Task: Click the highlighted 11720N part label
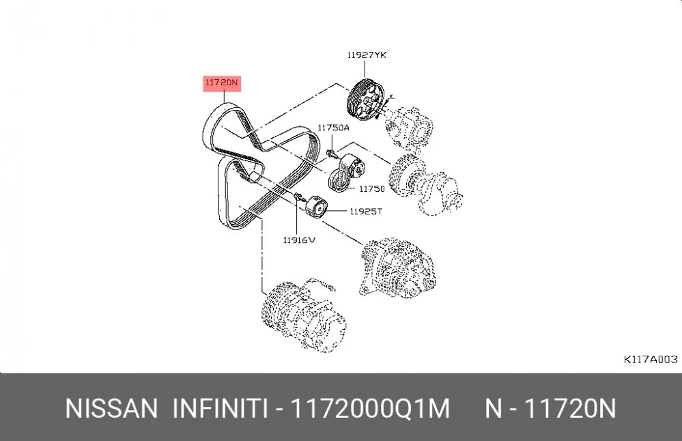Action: click(x=222, y=83)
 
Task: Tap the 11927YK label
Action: click(x=367, y=55)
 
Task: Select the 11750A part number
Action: click(x=333, y=128)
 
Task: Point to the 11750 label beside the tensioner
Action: click(x=372, y=188)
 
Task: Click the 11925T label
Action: click(x=366, y=212)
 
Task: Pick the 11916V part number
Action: click(x=299, y=240)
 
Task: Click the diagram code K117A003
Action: click(x=651, y=360)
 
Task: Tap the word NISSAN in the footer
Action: click(x=111, y=409)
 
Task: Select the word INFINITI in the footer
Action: click(x=220, y=409)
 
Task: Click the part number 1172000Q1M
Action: click(x=370, y=409)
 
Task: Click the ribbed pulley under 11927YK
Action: click(x=365, y=102)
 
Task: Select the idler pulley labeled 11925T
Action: click(x=316, y=208)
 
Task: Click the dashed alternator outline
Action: click(x=396, y=267)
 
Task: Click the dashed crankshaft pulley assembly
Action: click(x=425, y=184)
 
